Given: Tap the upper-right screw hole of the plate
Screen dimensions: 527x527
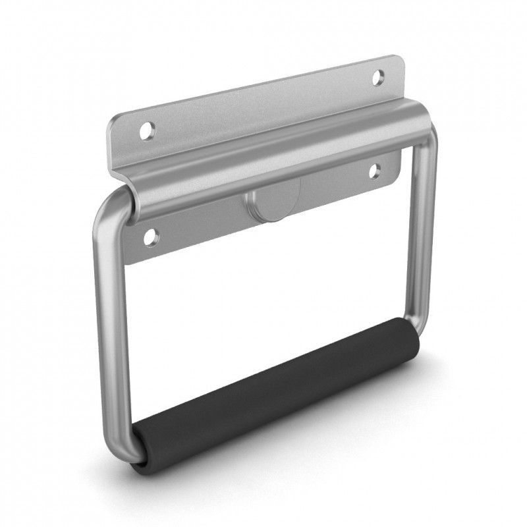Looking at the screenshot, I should tap(377, 77).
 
